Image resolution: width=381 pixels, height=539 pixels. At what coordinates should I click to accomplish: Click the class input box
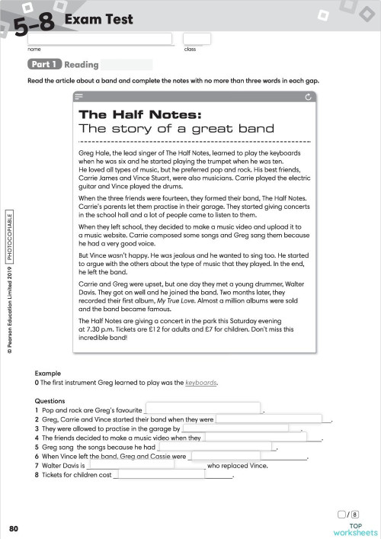point(197,38)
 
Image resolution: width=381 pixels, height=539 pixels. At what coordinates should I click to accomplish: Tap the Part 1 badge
point(44,65)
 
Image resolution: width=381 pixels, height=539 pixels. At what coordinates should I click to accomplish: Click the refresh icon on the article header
point(307,97)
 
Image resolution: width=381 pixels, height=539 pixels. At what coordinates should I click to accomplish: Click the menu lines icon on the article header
point(80,97)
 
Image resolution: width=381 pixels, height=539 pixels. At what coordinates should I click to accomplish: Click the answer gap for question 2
point(274,419)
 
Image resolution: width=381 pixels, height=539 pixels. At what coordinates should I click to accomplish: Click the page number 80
point(14,528)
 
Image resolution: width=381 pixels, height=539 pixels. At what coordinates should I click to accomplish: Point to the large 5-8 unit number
point(33,26)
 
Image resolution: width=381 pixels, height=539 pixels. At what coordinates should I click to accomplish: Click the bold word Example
point(47,374)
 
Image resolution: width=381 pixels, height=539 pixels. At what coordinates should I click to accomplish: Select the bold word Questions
point(51,399)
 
